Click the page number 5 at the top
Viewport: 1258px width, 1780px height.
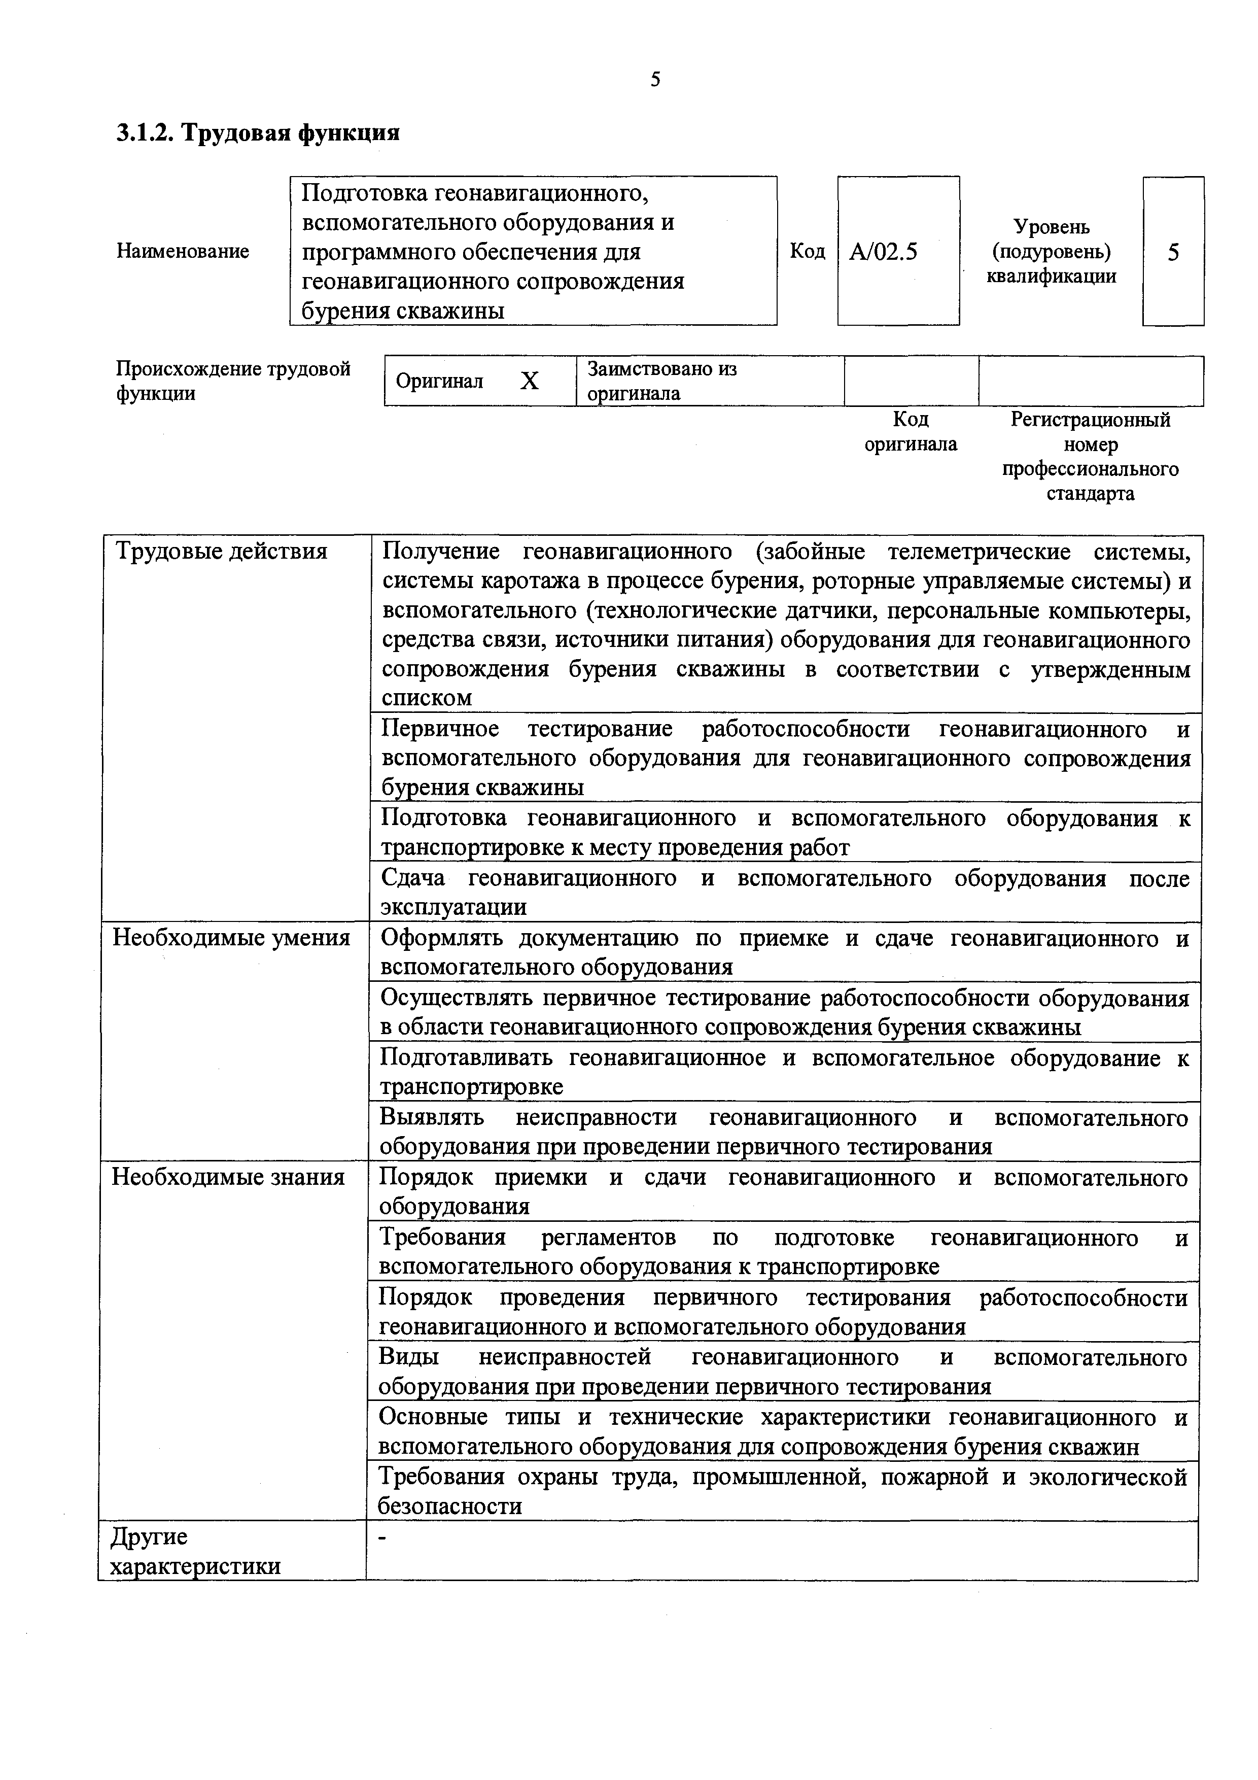[655, 79]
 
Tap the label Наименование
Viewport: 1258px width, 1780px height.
[183, 251]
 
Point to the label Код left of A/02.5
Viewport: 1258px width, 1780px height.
[807, 251]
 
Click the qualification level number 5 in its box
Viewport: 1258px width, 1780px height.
[1173, 252]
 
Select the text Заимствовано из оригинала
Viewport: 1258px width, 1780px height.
[661, 381]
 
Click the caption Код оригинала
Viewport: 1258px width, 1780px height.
[910, 432]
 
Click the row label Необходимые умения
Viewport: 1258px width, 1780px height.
[231, 938]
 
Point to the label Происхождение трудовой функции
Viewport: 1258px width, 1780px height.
[232, 381]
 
